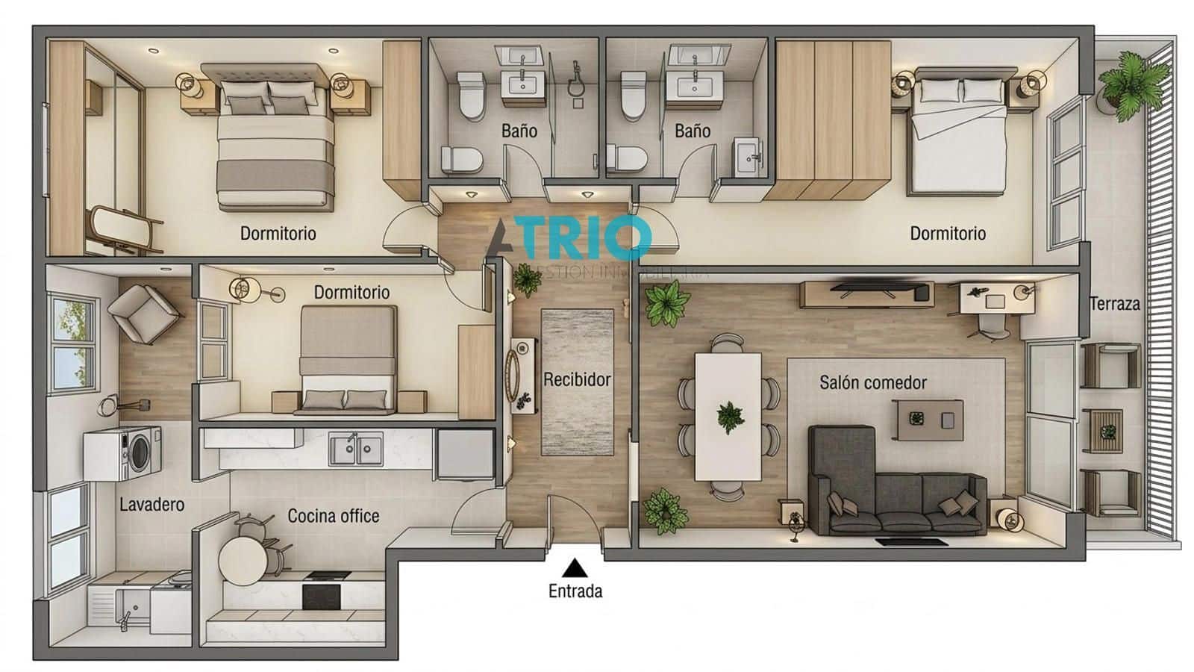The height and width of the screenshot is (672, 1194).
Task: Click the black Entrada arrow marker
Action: (574, 568)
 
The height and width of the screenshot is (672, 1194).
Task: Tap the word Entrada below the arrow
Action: (575, 591)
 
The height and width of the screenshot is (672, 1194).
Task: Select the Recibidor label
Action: (577, 379)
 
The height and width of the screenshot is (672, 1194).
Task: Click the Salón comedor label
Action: (872, 382)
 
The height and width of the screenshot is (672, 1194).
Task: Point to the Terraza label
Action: (1114, 304)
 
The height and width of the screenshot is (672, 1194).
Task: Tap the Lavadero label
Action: (151, 505)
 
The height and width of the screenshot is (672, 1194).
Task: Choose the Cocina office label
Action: (333, 516)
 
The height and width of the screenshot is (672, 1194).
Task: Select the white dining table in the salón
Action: (728, 416)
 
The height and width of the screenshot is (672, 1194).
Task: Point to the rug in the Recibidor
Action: (577, 381)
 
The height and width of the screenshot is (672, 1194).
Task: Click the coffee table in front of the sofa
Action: (929, 420)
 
